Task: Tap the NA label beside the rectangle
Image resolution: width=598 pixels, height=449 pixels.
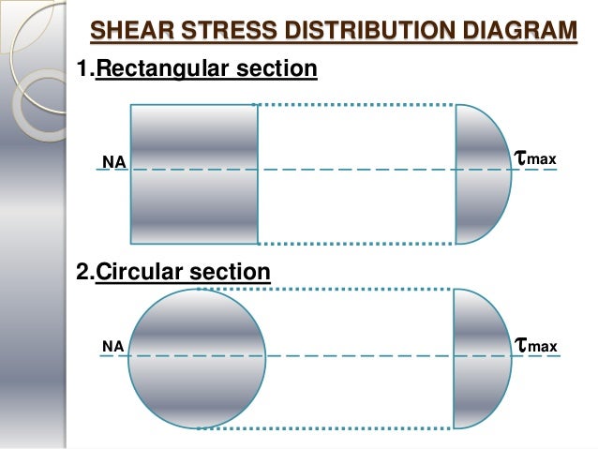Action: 113,163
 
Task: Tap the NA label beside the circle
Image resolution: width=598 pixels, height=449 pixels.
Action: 112,347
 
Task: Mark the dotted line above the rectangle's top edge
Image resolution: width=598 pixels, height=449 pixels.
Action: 356,104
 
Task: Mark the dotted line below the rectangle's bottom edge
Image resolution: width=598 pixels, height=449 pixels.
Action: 356,244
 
